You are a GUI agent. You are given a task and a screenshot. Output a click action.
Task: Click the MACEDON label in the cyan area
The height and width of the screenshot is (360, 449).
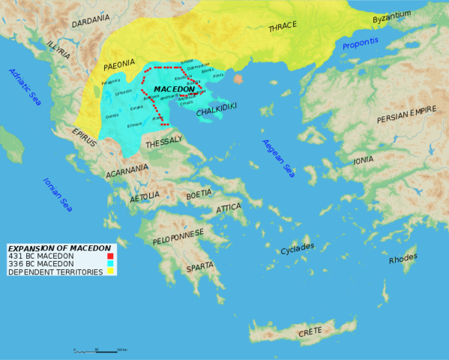click(174, 89)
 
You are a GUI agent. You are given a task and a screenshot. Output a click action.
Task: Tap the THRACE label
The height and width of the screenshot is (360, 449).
click(283, 28)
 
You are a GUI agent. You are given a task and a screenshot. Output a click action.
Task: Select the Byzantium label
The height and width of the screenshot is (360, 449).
click(392, 15)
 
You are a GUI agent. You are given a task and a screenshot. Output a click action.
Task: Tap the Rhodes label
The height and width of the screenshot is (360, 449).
click(403, 259)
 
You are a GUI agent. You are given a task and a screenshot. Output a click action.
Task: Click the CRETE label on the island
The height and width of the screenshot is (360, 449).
click(310, 331)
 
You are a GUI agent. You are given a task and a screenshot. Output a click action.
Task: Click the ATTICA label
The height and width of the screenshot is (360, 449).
click(229, 208)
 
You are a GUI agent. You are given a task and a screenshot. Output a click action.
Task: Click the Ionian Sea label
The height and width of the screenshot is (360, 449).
click(57, 194)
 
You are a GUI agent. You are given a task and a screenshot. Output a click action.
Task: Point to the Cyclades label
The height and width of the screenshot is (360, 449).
click(297, 248)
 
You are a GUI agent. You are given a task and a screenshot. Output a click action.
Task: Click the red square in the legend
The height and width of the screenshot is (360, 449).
click(110, 256)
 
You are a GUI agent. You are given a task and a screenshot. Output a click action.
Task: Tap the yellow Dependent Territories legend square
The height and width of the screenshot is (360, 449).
click(110, 271)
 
